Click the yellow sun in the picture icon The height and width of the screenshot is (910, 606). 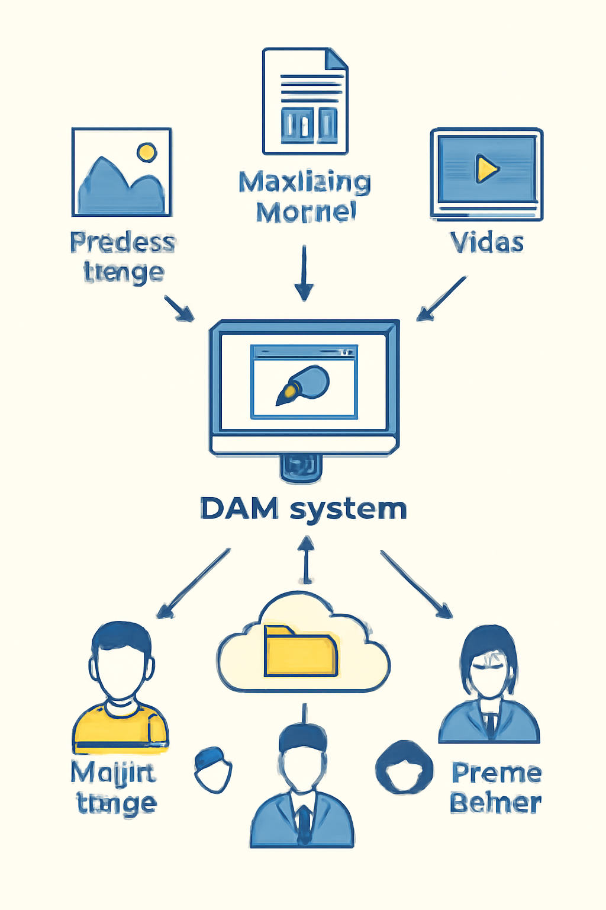pyautogui.click(x=147, y=152)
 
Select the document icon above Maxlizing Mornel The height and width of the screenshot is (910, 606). pyautogui.click(x=305, y=101)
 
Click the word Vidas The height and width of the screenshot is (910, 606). pyautogui.click(x=486, y=242)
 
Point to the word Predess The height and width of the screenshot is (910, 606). pyautogui.click(x=123, y=242)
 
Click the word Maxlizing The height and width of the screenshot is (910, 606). pyautogui.click(x=305, y=182)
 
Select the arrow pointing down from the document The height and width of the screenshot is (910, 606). pyautogui.click(x=304, y=274)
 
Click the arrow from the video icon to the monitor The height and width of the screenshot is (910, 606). pyautogui.click(x=441, y=299)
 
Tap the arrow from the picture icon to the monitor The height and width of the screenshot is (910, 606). pyautogui.click(x=179, y=308)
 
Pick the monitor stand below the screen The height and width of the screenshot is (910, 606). pyautogui.click(x=301, y=466)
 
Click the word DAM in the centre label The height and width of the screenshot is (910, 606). pyautogui.click(x=239, y=509)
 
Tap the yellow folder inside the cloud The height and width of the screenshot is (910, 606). pyautogui.click(x=301, y=652)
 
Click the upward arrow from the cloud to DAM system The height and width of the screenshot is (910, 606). pyautogui.click(x=306, y=560)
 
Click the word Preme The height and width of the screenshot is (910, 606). pyautogui.click(x=496, y=773)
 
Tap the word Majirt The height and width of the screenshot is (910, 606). pyautogui.click(x=113, y=773)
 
